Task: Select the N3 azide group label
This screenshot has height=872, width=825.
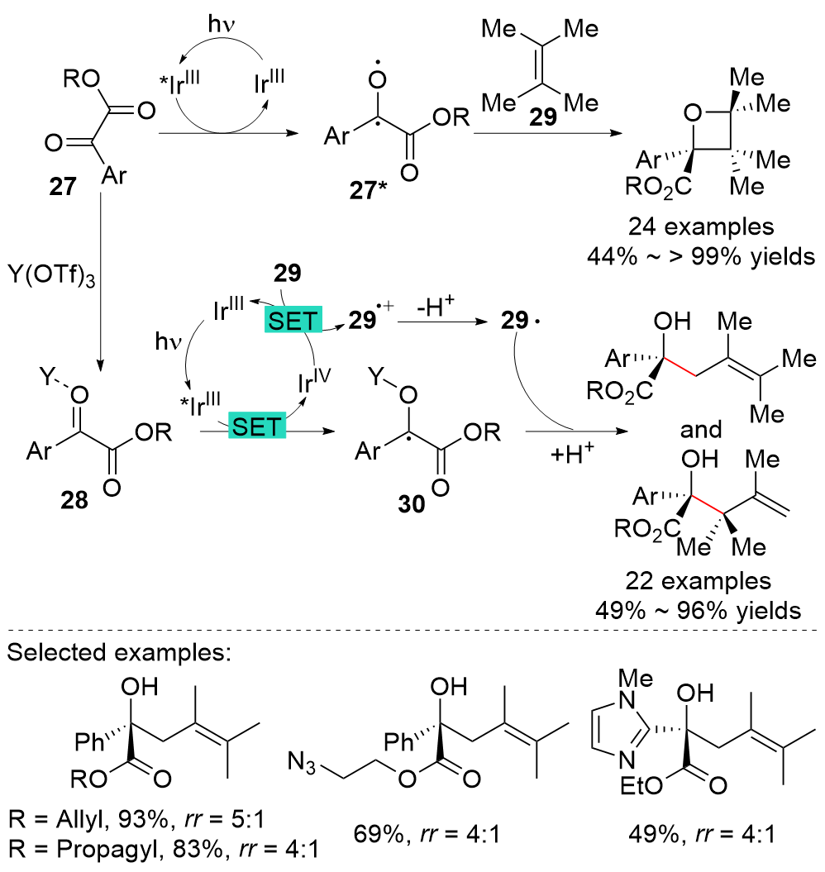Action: coord(302,755)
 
